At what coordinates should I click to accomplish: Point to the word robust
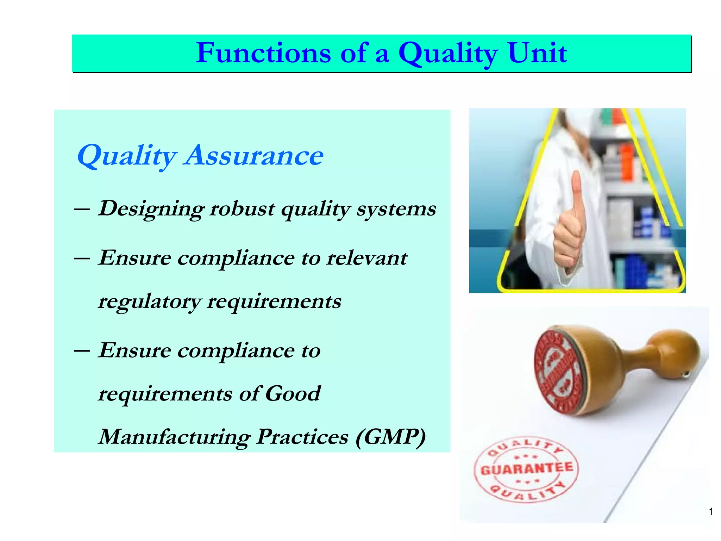coord(242,209)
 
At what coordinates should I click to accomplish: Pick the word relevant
coord(366,258)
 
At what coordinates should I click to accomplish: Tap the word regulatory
coord(149,302)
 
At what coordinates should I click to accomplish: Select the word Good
coord(293,393)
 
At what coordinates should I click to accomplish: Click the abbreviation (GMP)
coord(391,437)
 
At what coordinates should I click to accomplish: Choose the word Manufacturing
coord(174,437)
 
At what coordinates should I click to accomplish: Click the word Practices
coord(302,437)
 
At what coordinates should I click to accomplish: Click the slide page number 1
coord(711,512)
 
